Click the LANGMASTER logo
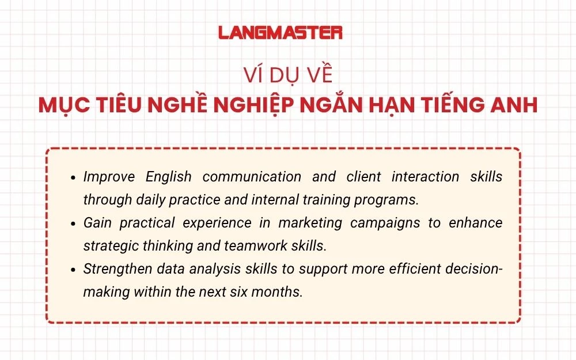click(x=280, y=33)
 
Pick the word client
click(x=363, y=177)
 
